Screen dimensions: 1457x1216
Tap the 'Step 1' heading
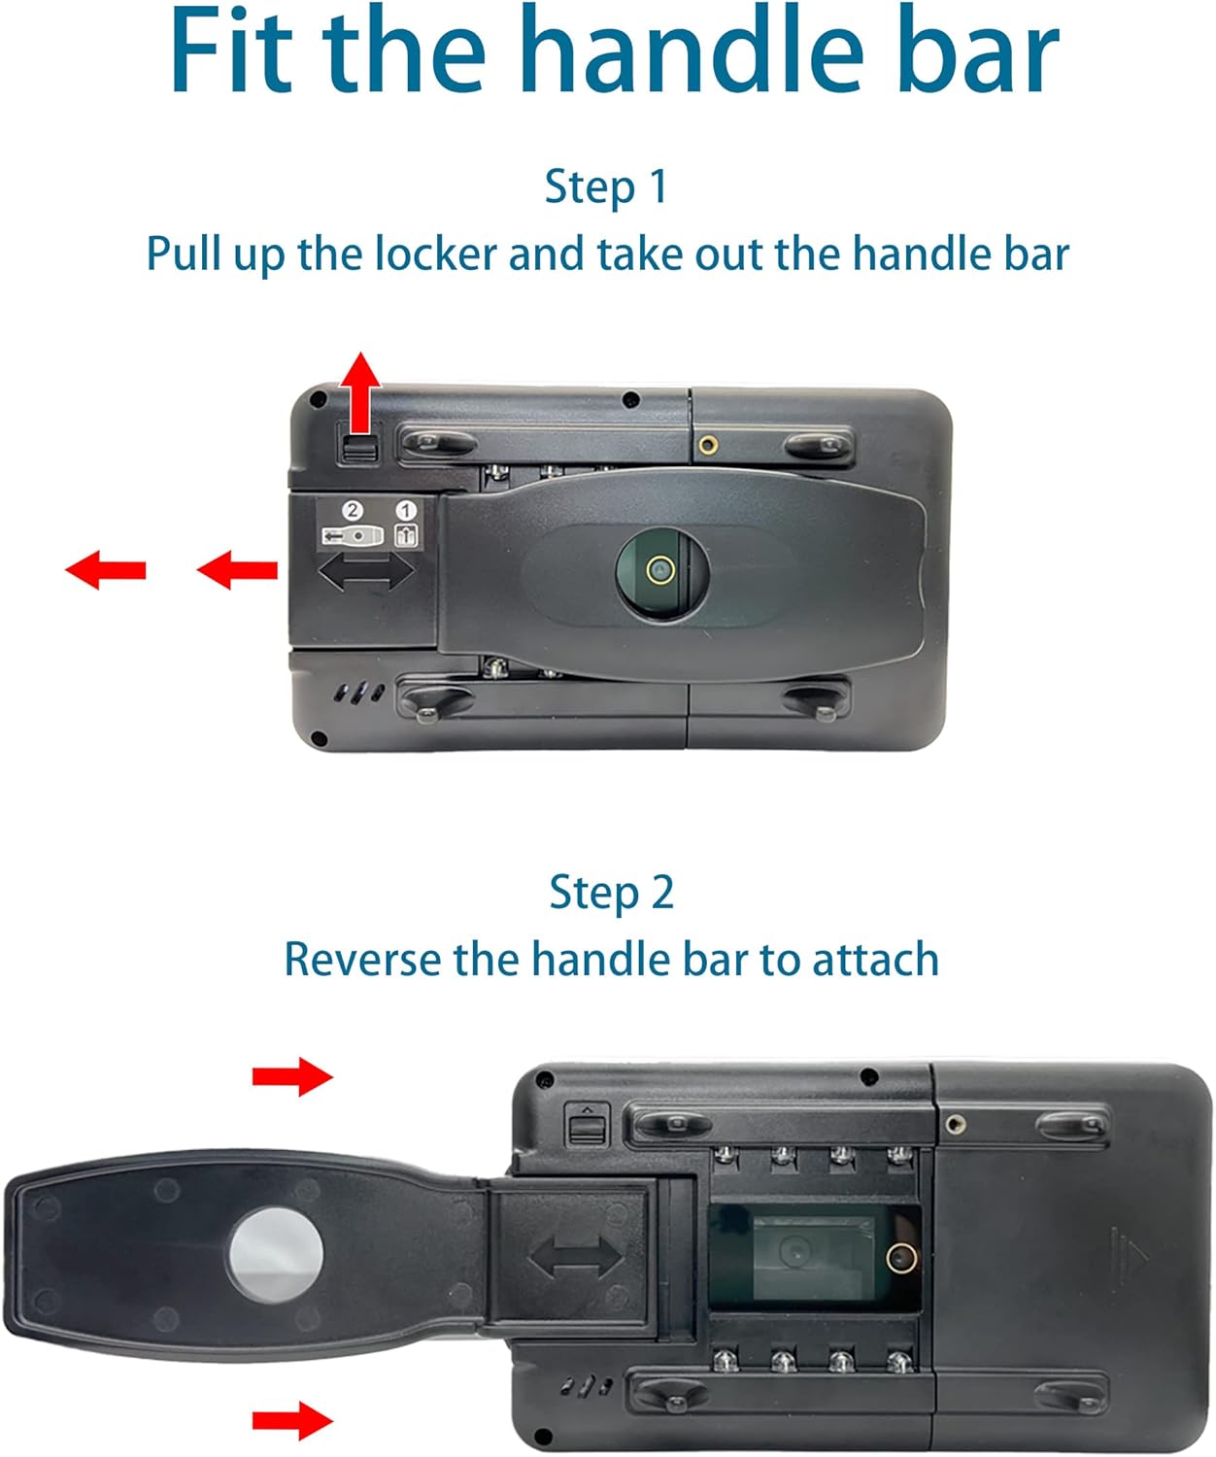pyautogui.click(x=606, y=186)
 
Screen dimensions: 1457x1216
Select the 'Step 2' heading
pyautogui.click(x=611, y=892)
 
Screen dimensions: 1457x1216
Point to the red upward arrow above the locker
pyautogui.click(x=359, y=390)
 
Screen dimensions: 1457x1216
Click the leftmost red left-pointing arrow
pyautogui.click(x=106, y=569)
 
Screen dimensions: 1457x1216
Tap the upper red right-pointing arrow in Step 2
pyautogui.click(x=292, y=1075)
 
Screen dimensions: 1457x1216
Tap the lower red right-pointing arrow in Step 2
pyautogui.click(x=292, y=1421)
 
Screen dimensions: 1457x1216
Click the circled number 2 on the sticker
pyautogui.click(x=353, y=510)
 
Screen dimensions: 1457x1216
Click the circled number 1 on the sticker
pyautogui.click(x=406, y=510)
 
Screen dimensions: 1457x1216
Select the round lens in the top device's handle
pyautogui.click(x=661, y=570)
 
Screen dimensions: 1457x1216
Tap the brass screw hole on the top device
pyautogui.click(x=708, y=445)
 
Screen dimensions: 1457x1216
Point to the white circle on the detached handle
pyautogui.click(x=275, y=1255)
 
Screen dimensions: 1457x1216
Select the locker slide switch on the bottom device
pyautogui.click(x=587, y=1128)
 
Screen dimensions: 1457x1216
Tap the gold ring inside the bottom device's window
pyautogui.click(x=901, y=1258)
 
